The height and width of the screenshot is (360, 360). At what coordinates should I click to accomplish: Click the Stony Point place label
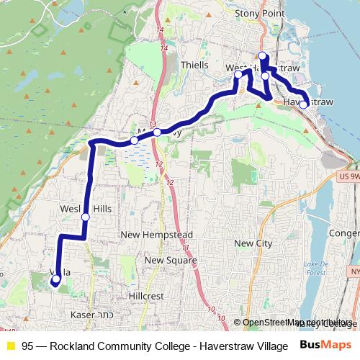click(x=260, y=13)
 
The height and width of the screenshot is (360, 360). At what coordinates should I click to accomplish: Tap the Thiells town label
click(x=194, y=64)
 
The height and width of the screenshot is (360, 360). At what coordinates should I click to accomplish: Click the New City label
click(x=253, y=243)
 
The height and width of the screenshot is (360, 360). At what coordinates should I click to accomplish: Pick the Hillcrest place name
click(x=146, y=296)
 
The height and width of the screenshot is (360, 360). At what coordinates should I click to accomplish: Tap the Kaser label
click(x=83, y=315)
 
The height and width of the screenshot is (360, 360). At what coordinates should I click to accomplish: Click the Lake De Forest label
click(x=315, y=269)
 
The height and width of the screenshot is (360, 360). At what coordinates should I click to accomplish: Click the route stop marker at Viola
click(x=56, y=279)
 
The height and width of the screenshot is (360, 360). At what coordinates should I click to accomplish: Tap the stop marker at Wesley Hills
click(x=86, y=217)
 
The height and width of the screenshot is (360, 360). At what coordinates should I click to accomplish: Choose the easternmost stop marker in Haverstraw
click(x=304, y=105)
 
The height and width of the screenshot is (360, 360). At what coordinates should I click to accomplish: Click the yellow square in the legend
click(x=10, y=345)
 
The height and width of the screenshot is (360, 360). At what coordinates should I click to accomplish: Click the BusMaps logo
click(x=325, y=344)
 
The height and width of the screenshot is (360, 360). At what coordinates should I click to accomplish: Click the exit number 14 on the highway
click(x=165, y=48)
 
